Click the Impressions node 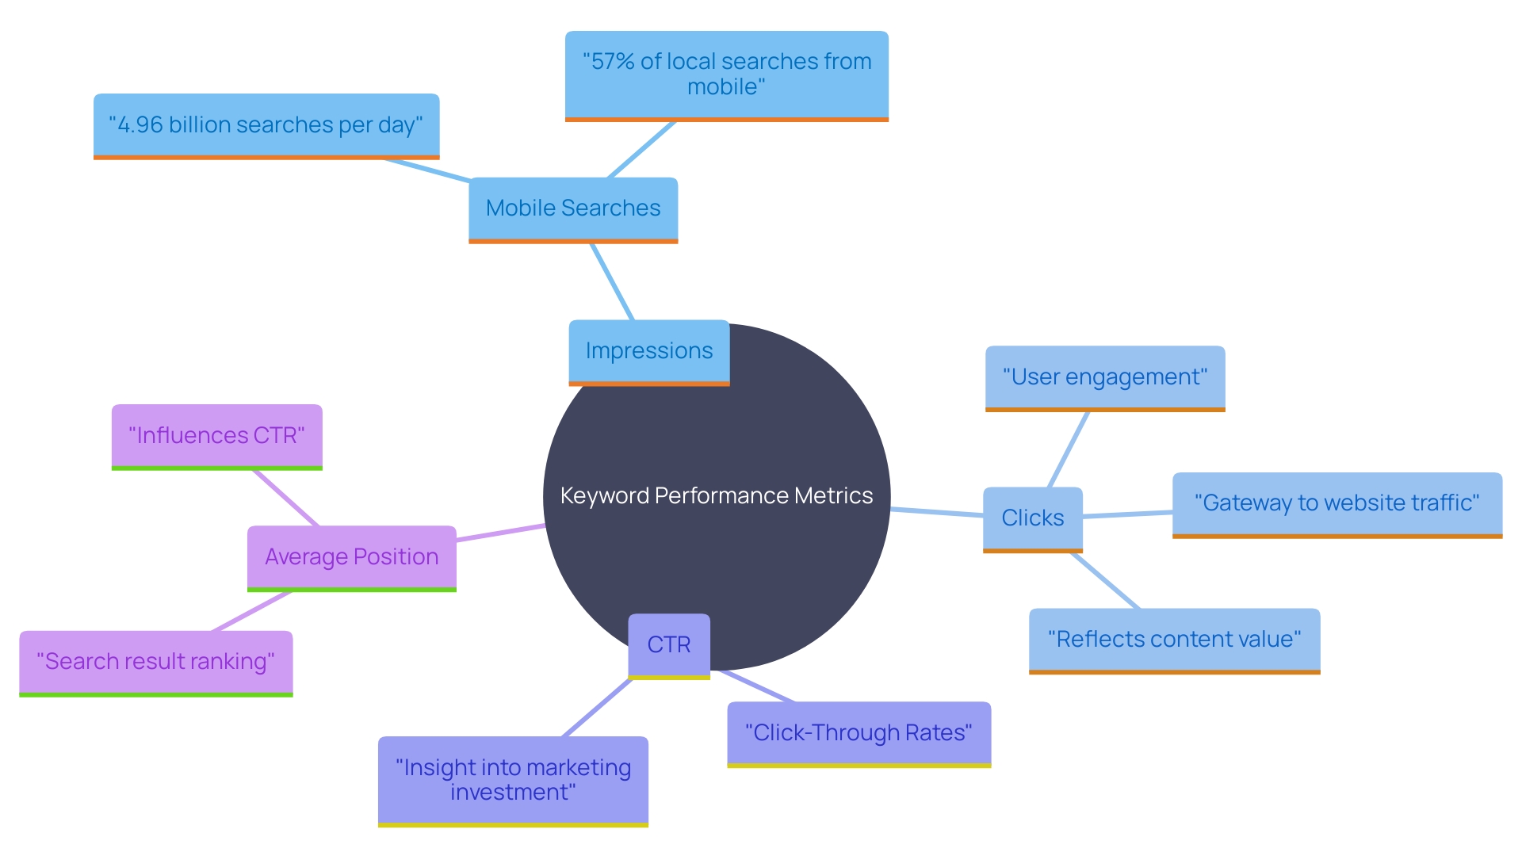coord(648,351)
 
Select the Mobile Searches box coord(573,208)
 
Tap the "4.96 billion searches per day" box coord(266,125)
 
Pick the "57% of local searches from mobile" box coord(726,75)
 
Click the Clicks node coord(1032,518)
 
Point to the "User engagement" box coord(1105,377)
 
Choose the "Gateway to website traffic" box coord(1337,504)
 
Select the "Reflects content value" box coord(1174,640)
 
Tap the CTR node coord(668,645)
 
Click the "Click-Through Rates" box coord(859,733)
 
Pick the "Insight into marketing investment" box coord(513,780)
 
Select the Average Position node coord(351,557)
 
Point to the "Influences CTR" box coord(216,436)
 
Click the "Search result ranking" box coord(155,662)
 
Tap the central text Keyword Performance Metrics coord(717,496)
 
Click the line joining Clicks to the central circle coord(937,512)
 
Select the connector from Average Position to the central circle coord(501,533)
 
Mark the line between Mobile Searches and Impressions coord(612,281)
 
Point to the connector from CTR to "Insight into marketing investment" coord(597,708)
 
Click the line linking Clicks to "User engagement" coord(1069,449)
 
